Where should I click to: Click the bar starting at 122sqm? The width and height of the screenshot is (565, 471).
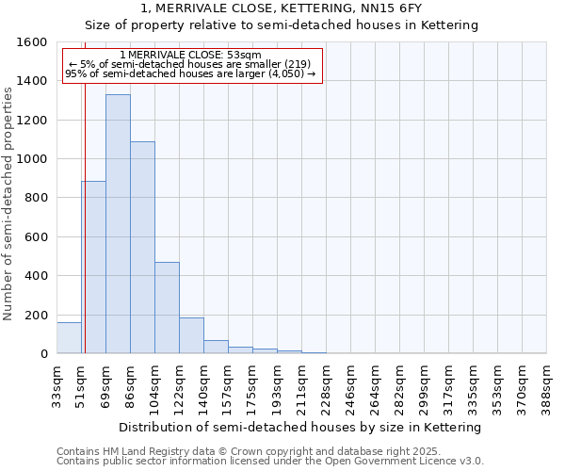pyautogui.click(x=191, y=335)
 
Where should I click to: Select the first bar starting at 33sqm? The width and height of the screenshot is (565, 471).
pyautogui.click(x=69, y=338)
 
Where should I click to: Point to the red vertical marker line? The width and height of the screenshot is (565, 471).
pyautogui.click(x=85, y=235)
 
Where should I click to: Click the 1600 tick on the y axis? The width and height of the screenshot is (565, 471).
pyautogui.click(x=34, y=42)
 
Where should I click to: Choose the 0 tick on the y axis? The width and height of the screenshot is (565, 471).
pyautogui.click(x=44, y=354)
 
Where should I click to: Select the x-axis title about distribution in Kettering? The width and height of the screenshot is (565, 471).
pyautogui.click(x=300, y=427)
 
